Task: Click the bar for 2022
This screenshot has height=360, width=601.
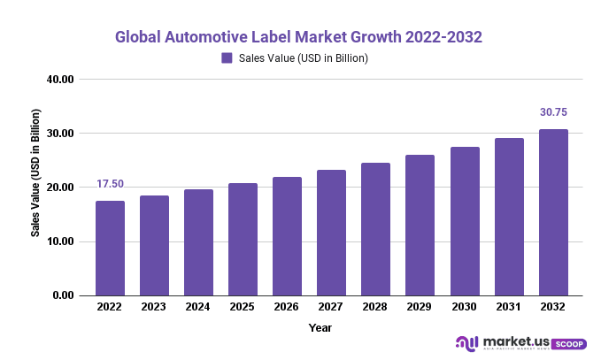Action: pos(110,249)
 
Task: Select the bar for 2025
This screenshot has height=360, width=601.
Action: pos(243,240)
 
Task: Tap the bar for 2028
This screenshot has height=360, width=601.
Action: pos(375,229)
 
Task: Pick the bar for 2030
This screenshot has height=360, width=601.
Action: pos(464,221)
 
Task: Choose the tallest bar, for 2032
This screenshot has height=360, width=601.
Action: pos(553,212)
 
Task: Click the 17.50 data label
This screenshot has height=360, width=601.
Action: pos(111,184)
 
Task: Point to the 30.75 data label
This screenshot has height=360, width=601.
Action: pos(553,112)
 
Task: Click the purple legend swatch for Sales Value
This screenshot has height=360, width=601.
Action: pos(227,58)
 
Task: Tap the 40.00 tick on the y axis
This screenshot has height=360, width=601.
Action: pos(61,80)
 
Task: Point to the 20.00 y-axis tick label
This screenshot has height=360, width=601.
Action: pos(61,188)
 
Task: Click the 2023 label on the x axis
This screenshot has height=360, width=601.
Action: pos(154,308)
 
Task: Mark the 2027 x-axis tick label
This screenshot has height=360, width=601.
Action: pos(331,308)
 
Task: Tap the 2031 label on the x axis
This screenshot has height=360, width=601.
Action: pos(508,308)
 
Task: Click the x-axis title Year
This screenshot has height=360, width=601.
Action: pos(320,327)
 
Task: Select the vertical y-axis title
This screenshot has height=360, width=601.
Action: pos(36,172)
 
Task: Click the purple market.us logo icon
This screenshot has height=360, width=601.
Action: pos(466,342)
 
